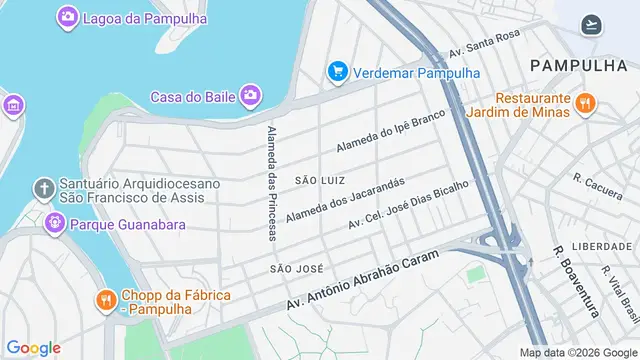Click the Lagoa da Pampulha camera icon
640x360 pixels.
(x=67, y=16)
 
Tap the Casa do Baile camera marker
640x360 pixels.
(x=250, y=96)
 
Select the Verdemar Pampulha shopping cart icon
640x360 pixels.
(x=337, y=72)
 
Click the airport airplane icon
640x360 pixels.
(x=591, y=25)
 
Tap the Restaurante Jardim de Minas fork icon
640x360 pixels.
(x=586, y=102)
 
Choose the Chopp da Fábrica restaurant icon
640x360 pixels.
(x=105, y=299)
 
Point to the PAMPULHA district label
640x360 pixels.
(x=579, y=65)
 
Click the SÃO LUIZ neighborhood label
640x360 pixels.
(x=319, y=179)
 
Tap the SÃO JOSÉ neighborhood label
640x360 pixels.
(x=295, y=269)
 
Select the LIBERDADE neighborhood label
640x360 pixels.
(x=602, y=246)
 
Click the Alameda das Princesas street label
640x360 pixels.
(x=272, y=183)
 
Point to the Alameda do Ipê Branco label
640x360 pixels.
(x=388, y=130)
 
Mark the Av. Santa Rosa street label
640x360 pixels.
(x=485, y=44)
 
